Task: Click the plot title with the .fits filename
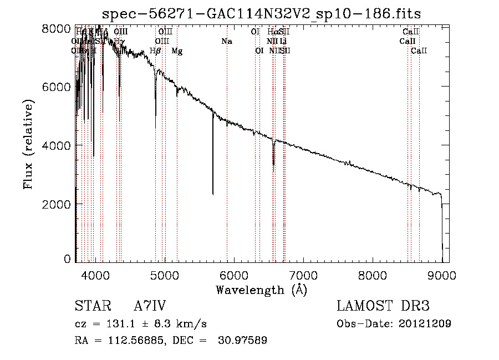point(265,14)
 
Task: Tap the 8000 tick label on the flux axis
point(57,28)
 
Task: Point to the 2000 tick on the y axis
point(57,204)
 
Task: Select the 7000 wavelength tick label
point(303,275)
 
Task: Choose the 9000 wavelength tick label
point(442,275)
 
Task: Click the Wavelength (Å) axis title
point(261,290)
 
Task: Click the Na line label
point(226,41)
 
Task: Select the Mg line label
point(177,51)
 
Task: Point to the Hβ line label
point(155,51)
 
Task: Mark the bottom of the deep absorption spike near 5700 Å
point(213,194)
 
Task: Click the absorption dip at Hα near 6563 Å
point(273,162)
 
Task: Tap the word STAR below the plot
point(93,306)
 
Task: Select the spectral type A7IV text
point(150,306)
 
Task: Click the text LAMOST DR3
point(383,306)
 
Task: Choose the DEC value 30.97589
point(244,341)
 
